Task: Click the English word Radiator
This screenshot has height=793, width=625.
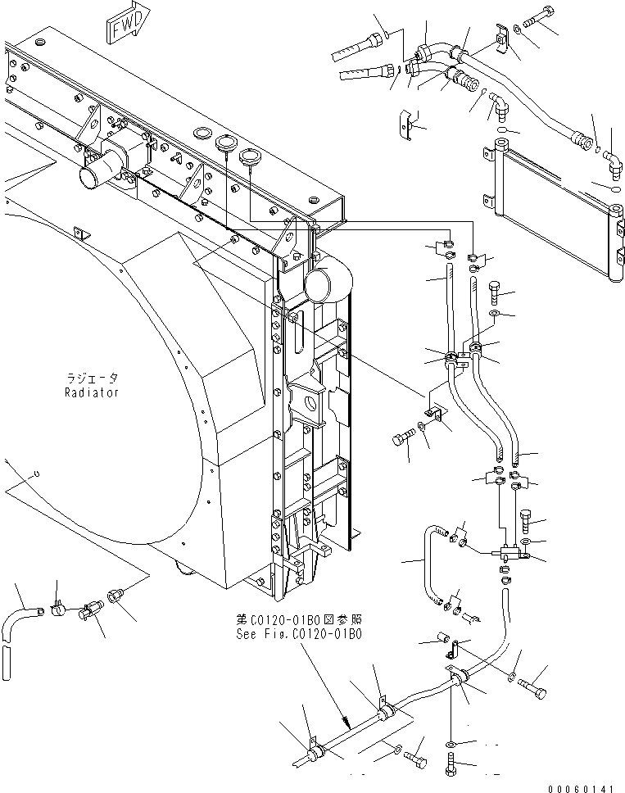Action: click(92, 392)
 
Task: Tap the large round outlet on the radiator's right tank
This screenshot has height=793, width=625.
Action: click(319, 284)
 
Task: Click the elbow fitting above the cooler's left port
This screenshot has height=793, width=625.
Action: click(498, 106)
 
